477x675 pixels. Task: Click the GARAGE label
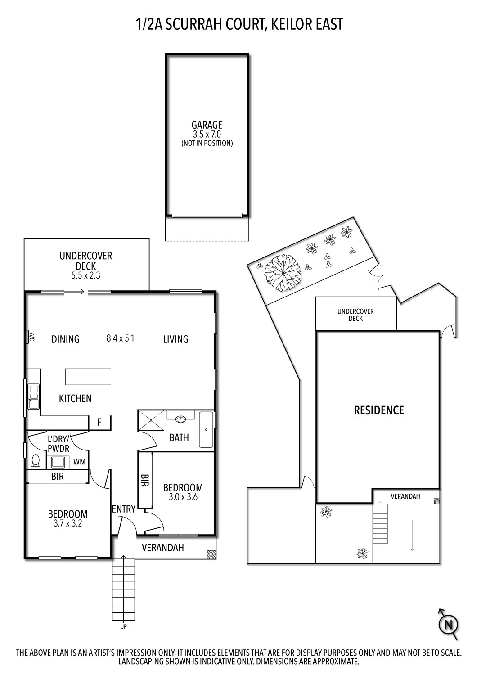point(207,125)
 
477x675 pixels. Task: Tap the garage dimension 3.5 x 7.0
point(207,135)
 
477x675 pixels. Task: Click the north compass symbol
point(448,625)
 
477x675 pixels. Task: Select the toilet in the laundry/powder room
point(36,461)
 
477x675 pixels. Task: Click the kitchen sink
point(33,396)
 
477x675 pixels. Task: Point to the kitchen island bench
point(88,377)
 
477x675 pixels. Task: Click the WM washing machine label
point(79,462)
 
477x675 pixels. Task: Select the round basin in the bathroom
point(181,419)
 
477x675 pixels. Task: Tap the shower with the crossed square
point(152,421)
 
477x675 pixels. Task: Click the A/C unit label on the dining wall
point(31,337)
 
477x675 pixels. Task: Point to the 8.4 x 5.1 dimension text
point(120,338)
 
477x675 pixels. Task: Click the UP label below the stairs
point(123,626)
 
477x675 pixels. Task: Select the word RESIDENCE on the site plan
point(379,410)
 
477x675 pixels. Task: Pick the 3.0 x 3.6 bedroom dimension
point(183,497)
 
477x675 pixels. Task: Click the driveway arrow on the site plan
point(412,535)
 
